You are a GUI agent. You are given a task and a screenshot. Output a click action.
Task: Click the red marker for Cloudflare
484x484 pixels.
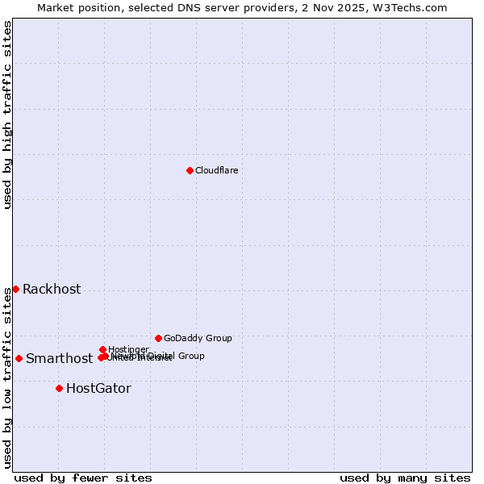(190, 170)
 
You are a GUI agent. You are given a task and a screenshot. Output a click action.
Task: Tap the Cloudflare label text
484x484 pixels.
(216, 170)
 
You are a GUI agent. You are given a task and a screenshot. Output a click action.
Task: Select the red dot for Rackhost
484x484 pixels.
(15, 289)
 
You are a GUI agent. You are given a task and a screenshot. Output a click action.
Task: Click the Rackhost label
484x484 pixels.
(52, 290)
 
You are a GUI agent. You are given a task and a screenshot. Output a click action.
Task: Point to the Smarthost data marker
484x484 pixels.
(19, 358)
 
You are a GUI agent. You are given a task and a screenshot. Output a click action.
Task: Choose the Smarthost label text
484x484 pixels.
(59, 359)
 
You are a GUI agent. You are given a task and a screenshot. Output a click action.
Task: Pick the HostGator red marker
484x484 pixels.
(59, 388)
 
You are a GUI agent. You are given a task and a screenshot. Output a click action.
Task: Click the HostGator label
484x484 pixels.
(98, 389)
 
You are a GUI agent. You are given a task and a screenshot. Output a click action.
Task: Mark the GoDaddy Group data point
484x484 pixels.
(158, 338)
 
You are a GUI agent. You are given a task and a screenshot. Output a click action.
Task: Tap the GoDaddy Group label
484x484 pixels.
(198, 338)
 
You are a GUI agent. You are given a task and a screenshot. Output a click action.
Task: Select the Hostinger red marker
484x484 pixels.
(102, 349)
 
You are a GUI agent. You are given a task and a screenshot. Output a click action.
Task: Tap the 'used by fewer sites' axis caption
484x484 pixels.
(83, 478)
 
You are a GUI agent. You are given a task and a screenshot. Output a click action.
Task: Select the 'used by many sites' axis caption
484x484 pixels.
(405, 478)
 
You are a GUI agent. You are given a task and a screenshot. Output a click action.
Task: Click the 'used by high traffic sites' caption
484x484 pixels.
(7, 115)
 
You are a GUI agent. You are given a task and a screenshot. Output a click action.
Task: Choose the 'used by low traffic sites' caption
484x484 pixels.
(7, 378)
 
